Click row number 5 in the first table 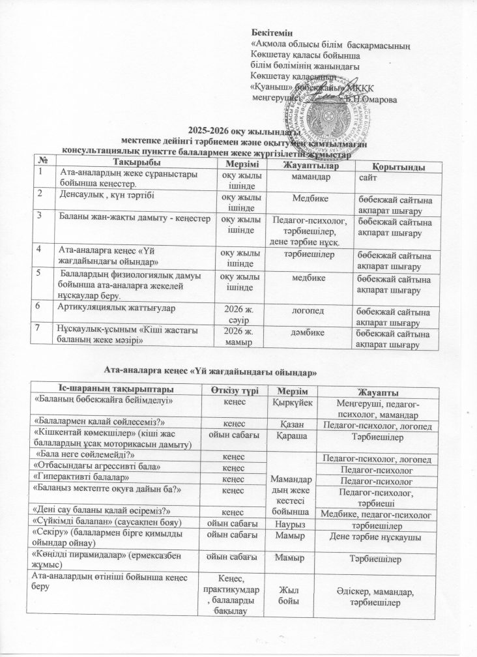tap(40, 272)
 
